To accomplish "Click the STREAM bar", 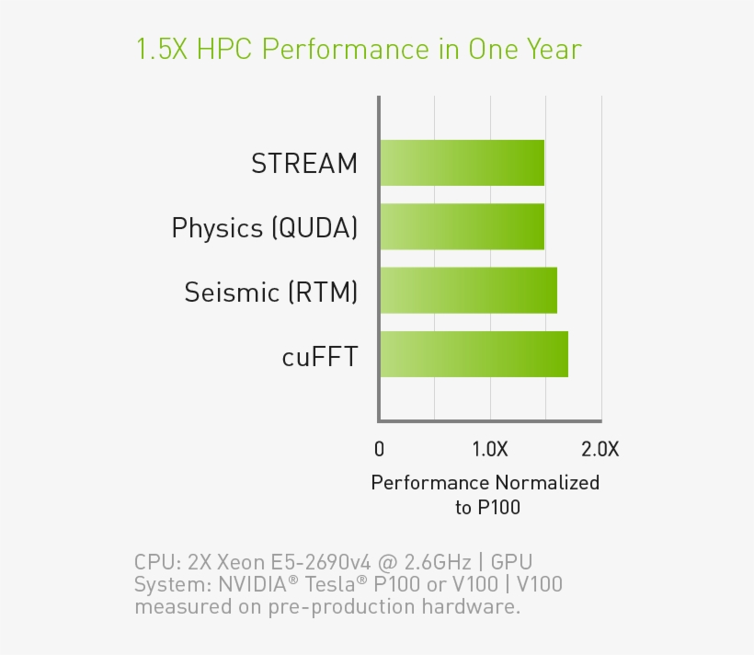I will [x=462, y=163].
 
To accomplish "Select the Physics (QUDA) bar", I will [x=462, y=226].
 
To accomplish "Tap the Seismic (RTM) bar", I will [x=468, y=291].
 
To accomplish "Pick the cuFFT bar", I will [x=474, y=354].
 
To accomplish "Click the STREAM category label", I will [x=304, y=164].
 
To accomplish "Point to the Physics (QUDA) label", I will [x=264, y=227].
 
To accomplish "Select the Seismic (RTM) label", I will [x=270, y=292].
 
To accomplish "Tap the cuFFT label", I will [x=319, y=356].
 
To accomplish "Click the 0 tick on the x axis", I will [x=380, y=449].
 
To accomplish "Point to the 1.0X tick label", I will [x=489, y=449].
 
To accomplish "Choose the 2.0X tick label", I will [x=600, y=449].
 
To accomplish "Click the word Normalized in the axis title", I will [x=547, y=482].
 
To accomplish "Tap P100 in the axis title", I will [x=499, y=507].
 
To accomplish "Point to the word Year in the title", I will [x=553, y=49].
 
